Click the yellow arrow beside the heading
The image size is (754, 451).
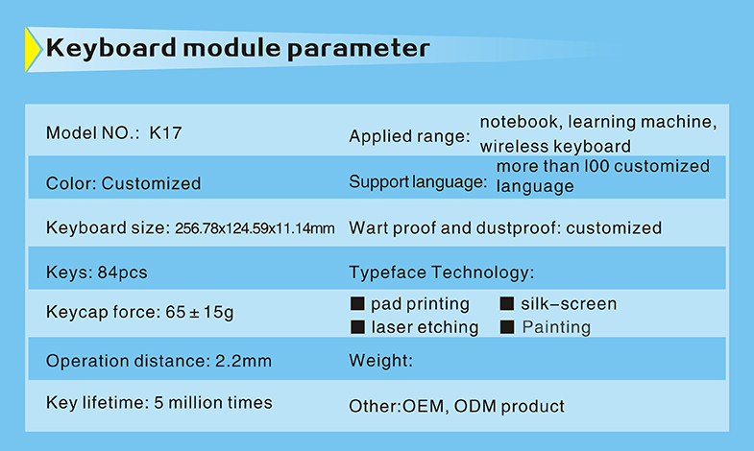[x=33, y=50]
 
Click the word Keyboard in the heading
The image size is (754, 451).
[x=111, y=48]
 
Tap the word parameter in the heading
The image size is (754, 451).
[x=358, y=50]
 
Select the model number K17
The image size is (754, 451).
[x=165, y=133]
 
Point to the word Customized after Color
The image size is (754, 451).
[x=151, y=183]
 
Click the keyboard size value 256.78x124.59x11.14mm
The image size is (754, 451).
[x=255, y=228]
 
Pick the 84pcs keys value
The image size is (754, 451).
[x=122, y=273]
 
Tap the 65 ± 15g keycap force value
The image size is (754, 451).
[x=200, y=312]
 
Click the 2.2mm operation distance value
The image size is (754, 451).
[x=243, y=361]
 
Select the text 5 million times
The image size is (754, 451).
[x=213, y=402]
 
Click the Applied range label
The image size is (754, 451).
[x=409, y=136]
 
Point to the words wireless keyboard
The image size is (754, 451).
[x=555, y=146]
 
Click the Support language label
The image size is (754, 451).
[x=418, y=182]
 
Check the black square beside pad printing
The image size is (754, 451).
[x=357, y=303]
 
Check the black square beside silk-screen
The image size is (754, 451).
[x=507, y=303]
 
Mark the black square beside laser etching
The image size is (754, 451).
[x=357, y=327]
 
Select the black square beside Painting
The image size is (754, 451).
[x=507, y=327]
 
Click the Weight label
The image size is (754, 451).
[x=381, y=361]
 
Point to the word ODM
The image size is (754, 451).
[x=474, y=406]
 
